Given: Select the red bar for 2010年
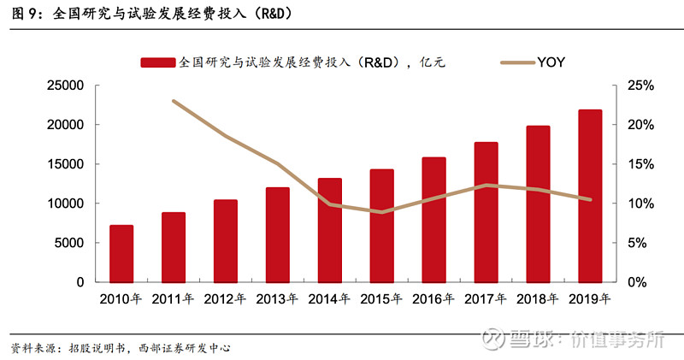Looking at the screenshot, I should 121,253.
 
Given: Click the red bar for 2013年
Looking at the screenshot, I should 278,234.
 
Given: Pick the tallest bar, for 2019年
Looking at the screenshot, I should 590,196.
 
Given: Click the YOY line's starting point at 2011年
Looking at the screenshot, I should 174,101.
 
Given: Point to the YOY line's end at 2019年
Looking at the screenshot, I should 590,200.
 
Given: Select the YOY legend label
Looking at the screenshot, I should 551,62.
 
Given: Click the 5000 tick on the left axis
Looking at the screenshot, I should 68,243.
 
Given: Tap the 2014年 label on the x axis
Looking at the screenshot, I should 329,299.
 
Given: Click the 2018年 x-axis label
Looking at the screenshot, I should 538,299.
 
